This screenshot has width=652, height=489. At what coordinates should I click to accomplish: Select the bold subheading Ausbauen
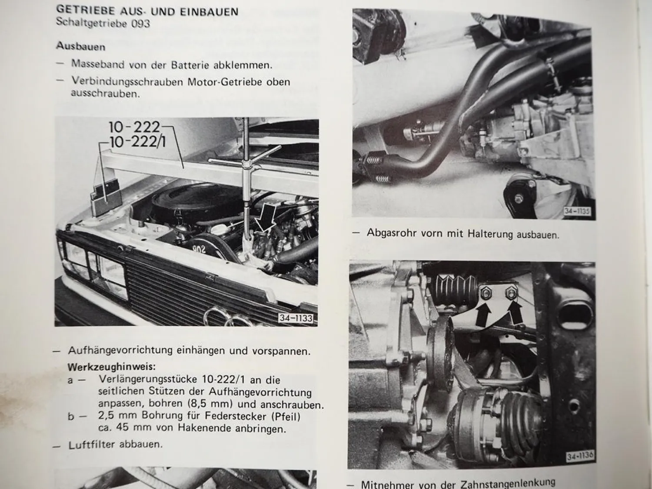pos(80,46)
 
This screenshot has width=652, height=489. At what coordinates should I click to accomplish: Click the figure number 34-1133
pos(296,319)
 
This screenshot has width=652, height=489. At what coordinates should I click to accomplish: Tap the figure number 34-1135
pos(577,211)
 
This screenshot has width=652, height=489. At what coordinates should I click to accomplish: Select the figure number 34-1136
pos(579,456)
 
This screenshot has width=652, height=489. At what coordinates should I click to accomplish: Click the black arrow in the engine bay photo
pos(265,220)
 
